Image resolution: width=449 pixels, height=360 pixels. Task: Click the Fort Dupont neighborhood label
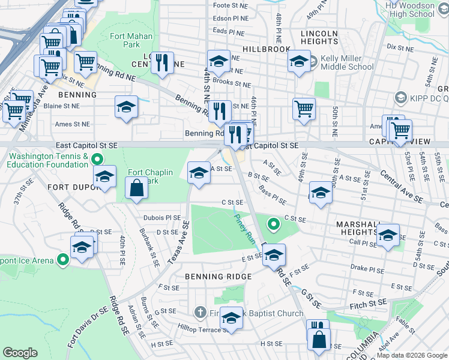68,187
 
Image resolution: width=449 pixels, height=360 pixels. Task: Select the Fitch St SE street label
361,305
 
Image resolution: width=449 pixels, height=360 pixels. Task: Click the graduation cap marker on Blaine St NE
125,107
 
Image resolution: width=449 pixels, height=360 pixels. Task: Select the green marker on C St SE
274,225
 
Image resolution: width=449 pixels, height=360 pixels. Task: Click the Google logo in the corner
20,353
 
